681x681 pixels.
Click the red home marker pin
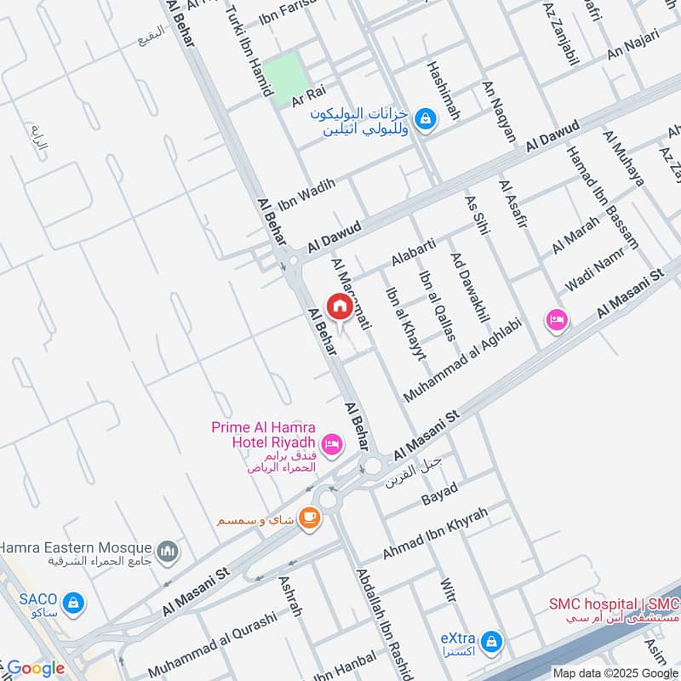(x=339, y=307)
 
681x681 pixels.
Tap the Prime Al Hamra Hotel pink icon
(x=332, y=443)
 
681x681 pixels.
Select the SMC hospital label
(x=613, y=605)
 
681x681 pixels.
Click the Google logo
(x=34, y=668)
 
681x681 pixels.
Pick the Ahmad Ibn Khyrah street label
(x=434, y=533)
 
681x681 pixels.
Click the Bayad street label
(x=439, y=494)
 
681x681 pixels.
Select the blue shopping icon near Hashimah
(x=426, y=120)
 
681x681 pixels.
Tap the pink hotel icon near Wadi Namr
(x=558, y=320)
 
